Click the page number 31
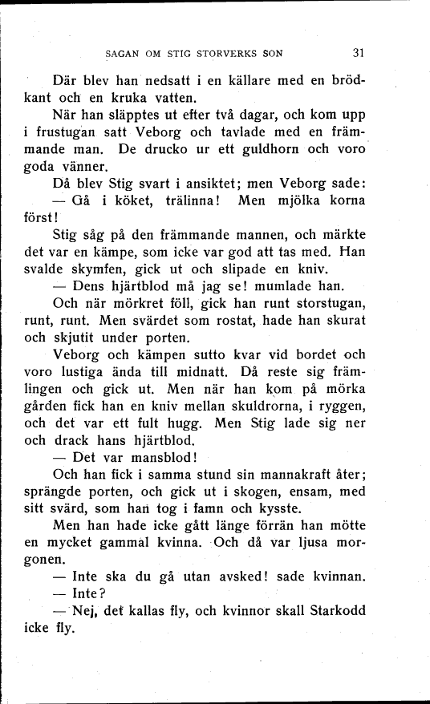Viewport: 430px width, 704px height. [359, 54]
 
